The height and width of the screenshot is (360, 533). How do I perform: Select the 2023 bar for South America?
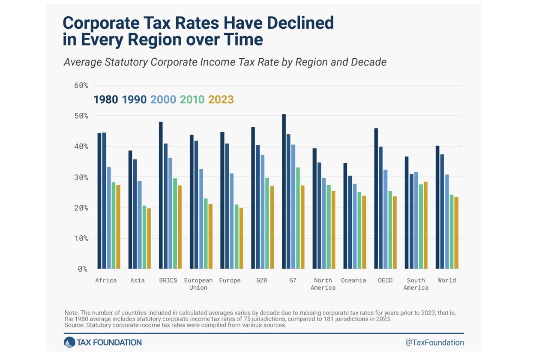(425, 225)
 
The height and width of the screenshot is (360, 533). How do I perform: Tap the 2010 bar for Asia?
(144, 237)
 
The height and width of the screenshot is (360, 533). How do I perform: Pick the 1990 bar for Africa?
(104, 201)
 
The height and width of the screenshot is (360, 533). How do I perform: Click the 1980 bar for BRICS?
(161, 195)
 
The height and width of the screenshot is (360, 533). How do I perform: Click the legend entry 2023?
(221, 100)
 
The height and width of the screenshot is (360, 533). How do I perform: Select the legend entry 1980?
(106, 100)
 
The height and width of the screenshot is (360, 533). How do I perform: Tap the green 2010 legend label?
(192, 100)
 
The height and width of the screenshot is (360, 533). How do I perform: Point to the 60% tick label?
(81, 85)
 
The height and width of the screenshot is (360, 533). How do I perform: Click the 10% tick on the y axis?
(81, 238)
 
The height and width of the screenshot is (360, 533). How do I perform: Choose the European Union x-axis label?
(198, 284)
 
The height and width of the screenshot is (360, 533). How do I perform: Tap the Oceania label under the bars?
(353, 280)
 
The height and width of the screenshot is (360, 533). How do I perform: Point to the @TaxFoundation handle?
(434, 342)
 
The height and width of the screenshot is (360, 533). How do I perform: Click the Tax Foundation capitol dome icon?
(69, 342)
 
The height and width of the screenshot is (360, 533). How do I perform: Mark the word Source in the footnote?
(75, 325)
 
